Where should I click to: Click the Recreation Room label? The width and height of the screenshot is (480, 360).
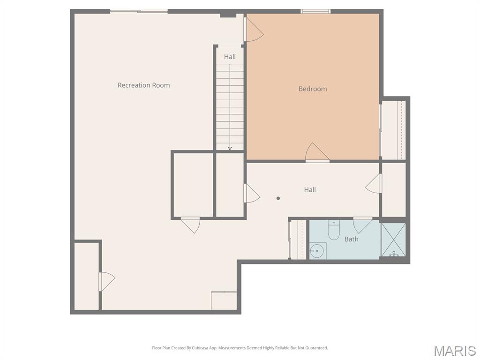click(x=143, y=85)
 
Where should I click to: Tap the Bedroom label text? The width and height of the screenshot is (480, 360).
click(x=313, y=89)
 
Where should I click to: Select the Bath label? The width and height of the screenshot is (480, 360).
click(x=352, y=239)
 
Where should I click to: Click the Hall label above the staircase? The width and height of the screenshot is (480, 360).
click(x=230, y=57)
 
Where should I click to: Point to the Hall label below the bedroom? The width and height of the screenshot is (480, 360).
click(x=310, y=190)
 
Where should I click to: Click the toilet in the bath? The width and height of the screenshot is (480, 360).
click(x=334, y=230)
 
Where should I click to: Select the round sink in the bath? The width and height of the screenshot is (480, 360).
click(x=317, y=251)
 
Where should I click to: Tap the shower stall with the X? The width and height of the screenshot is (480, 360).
click(x=393, y=240)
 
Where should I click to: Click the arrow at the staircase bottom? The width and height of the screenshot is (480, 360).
click(x=230, y=148)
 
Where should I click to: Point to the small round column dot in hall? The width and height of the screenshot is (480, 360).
click(x=278, y=198)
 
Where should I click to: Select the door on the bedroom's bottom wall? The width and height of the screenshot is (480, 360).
click(x=317, y=153)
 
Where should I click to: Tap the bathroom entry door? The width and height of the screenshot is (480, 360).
click(x=362, y=225)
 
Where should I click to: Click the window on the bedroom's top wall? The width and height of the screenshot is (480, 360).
click(x=315, y=11)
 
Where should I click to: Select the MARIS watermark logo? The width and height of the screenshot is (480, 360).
click(x=454, y=351)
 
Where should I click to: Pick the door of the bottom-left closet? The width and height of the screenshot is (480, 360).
click(x=107, y=281)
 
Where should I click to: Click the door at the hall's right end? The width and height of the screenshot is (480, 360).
click(x=374, y=183)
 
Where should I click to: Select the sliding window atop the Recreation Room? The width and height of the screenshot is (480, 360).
click(x=139, y=11)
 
